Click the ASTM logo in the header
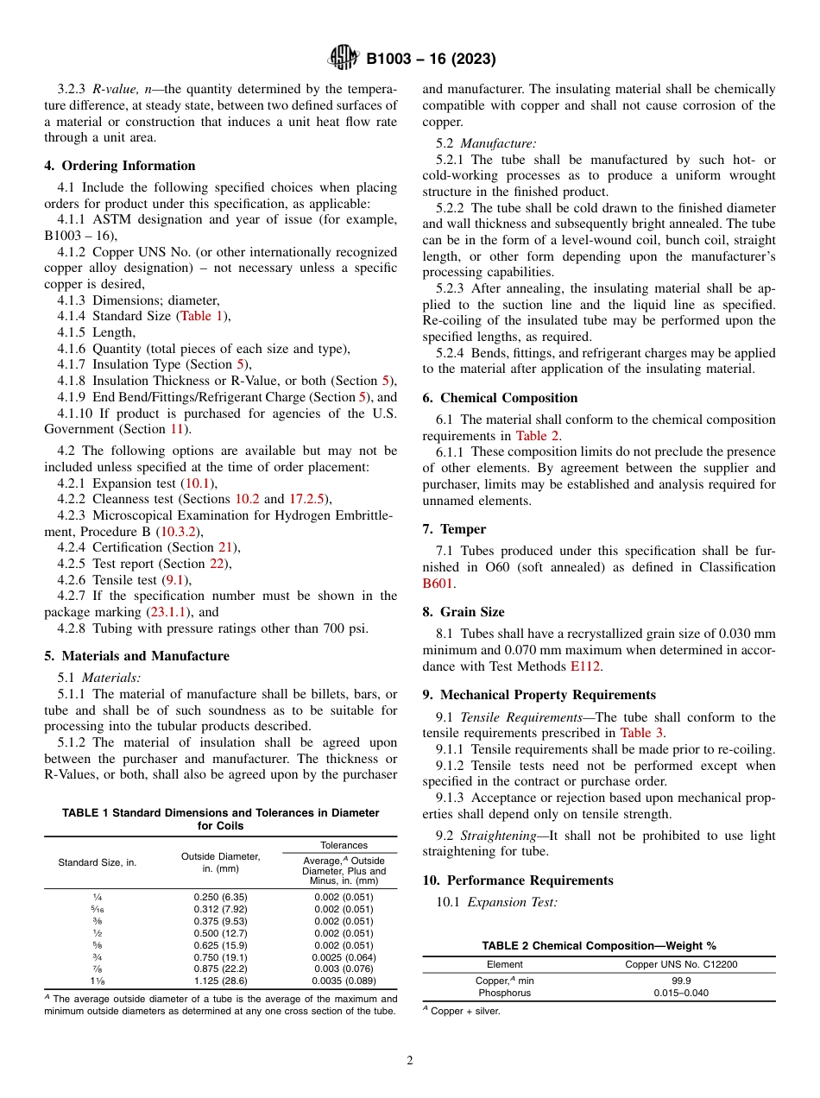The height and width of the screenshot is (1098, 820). pos(344,59)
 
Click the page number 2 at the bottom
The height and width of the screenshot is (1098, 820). pos(410,1060)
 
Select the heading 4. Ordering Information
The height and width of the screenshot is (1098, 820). pos(120,166)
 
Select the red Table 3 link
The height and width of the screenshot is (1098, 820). pos(640,733)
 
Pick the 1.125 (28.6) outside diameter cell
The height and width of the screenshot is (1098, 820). pos(221,981)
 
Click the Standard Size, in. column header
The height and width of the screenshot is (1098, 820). pos(97,862)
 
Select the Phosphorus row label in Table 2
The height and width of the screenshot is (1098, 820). pos(505,993)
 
